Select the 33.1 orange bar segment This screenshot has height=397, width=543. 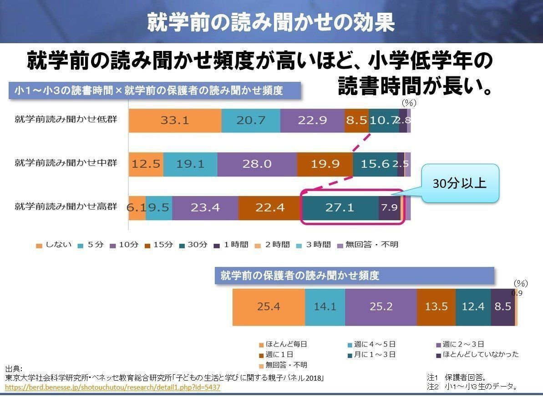click(175, 121)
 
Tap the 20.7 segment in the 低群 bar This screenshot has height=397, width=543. click(251, 121)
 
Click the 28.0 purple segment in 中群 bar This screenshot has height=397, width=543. click(257, 164)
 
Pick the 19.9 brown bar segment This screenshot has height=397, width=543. click(325, 164)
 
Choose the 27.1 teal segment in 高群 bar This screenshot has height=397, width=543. click(340, 208)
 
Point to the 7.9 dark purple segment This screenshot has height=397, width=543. click(389, 208)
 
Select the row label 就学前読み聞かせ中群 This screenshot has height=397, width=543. click(66, 162)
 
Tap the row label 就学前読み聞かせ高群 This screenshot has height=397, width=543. click(66, 206)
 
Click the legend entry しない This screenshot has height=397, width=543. click(54, 245)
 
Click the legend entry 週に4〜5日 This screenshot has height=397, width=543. click(371, 344)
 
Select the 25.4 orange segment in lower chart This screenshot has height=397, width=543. click(269, 307)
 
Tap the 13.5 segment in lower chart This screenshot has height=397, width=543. click(436, 307)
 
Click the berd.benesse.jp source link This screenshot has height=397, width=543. click(113, 387)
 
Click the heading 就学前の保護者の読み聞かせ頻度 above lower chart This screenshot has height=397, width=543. click(300, 275)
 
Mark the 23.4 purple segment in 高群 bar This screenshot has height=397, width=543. click(205, 208)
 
